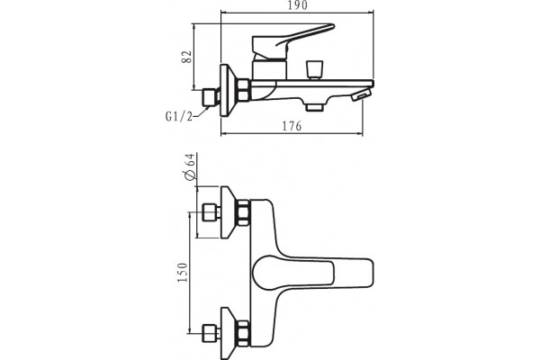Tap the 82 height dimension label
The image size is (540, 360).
click(x=187, y=57)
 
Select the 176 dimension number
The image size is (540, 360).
click(x=292, y=126)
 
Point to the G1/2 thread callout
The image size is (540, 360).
click(x=178, y=117)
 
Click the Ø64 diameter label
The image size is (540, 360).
click(x=190, y=166)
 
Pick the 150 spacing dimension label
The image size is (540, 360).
click(x=183, y=272)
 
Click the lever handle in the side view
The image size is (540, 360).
click(x=292, y=40)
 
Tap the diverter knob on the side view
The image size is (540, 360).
click(x=314, y=70)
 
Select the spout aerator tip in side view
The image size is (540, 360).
click(x=361, y=95)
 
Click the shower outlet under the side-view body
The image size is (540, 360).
click(x=315, y=108)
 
